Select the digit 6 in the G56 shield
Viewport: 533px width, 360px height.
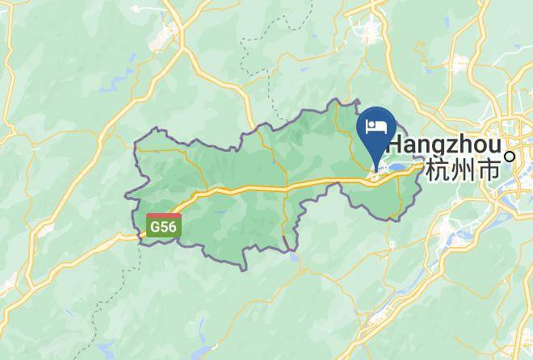(x=172, y=228)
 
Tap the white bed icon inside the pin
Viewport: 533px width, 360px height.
(x=376, y=126)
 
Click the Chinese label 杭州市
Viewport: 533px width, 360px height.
(x=462, y=172)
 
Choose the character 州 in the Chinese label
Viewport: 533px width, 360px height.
(x=462, y=172)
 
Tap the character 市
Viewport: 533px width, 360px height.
(x=488, y=172)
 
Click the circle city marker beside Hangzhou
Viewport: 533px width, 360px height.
(x=510, y=157)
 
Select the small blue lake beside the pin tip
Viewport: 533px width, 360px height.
(x=399, y=168)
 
